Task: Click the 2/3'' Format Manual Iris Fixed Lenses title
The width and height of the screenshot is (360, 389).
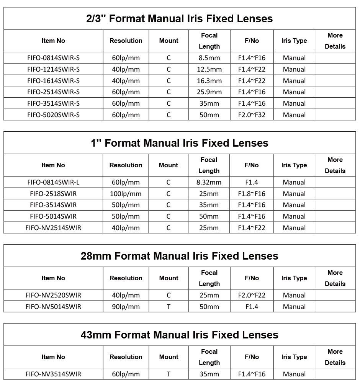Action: pyautogui.click(x=180, y=19)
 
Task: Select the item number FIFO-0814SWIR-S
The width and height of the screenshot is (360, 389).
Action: pyautogui.click(x=53, y=58)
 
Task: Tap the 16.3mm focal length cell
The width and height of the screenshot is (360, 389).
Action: pyautogui.click(x=209, y=81)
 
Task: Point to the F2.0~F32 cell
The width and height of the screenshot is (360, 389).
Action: pyautogui.click(x=252, y=115)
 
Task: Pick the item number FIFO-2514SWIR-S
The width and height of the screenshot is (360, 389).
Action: pyautogui.click(x=53, y=92)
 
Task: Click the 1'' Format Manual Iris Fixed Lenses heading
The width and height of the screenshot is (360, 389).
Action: pyautogui.click(x=180, y=143)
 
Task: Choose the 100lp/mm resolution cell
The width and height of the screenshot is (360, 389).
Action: pyautogui.click(x=126, y=194)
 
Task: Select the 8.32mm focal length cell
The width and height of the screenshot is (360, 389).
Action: pyautogui.click(x=209, y=182)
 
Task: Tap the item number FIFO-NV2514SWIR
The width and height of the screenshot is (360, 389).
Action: pyautogui.click(x=53, y=228)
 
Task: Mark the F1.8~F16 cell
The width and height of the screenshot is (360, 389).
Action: pyautogui.click(x=252, y=194)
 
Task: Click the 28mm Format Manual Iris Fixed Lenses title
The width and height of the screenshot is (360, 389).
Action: pyautogui.click(x=180, y=256)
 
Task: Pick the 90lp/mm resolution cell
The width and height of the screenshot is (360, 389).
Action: pyautogui.click(x=126, y=307)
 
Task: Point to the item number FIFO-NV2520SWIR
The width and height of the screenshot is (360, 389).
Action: pyautogui.click(x=53, y=295)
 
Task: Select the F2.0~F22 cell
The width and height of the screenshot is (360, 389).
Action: pyautogui.click(x=252, y=295)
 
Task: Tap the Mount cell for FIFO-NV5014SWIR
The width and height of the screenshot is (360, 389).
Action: pyautogui.click(x=169, y=307)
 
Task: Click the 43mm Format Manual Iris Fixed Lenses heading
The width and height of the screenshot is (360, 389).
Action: pyautogui.click(x=180, y=335)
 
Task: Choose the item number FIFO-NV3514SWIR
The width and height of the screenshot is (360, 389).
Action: pyautogui.click(x=53, y=374)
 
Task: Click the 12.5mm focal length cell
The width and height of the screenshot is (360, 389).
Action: pyautogui.click(x=209, y=69)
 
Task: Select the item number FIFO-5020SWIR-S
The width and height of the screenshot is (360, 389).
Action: pyautogui.click(x=53, y=115)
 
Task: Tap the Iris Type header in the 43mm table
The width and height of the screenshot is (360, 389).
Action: pyautogui.click(x=294, y=357)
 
